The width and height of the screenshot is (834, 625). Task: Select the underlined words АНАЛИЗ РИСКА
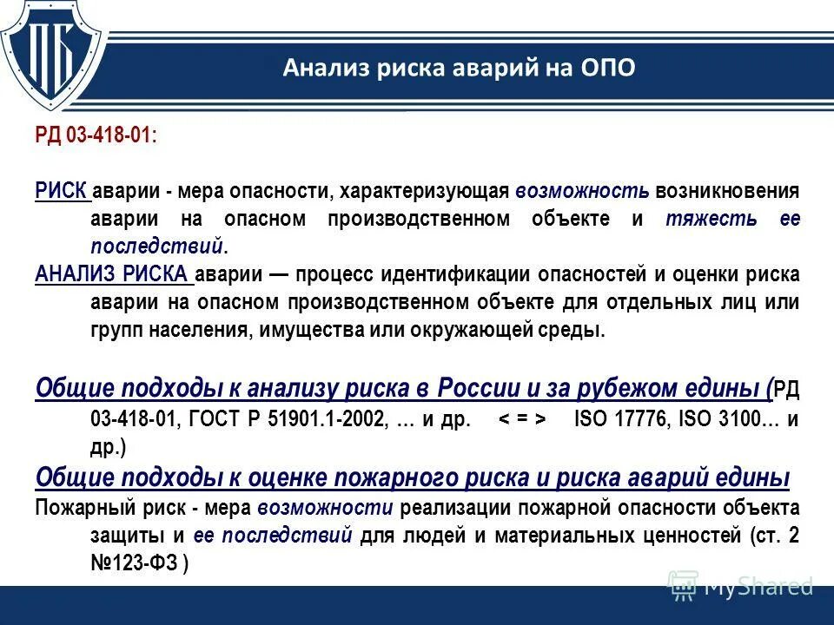(114, 274)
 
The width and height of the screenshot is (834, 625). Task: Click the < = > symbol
(522, 418)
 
